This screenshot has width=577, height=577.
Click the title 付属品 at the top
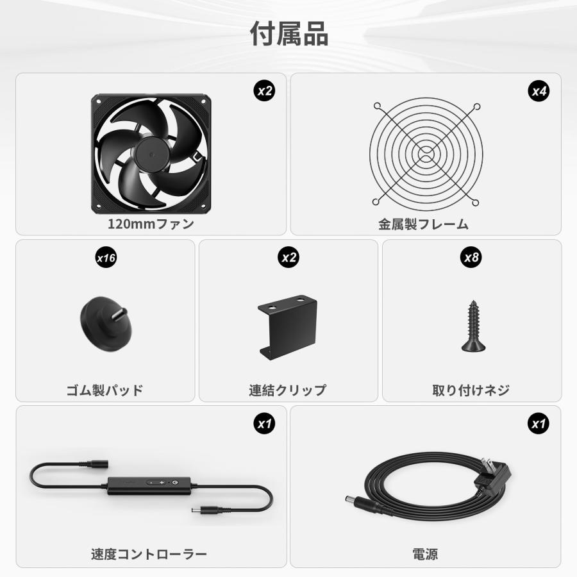(288, 34)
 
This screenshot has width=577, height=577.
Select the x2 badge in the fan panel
(264, 91)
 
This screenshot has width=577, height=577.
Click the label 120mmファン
(151, 224)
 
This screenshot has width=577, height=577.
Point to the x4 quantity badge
(539, 91)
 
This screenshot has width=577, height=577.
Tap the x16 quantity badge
(105, 258)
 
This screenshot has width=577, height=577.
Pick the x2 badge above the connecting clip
(288, 258)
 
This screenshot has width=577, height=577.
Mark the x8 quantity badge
(471, 258)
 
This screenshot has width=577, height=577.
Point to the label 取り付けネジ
(471, 390)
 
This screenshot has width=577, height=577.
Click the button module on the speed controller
(157, 481)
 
